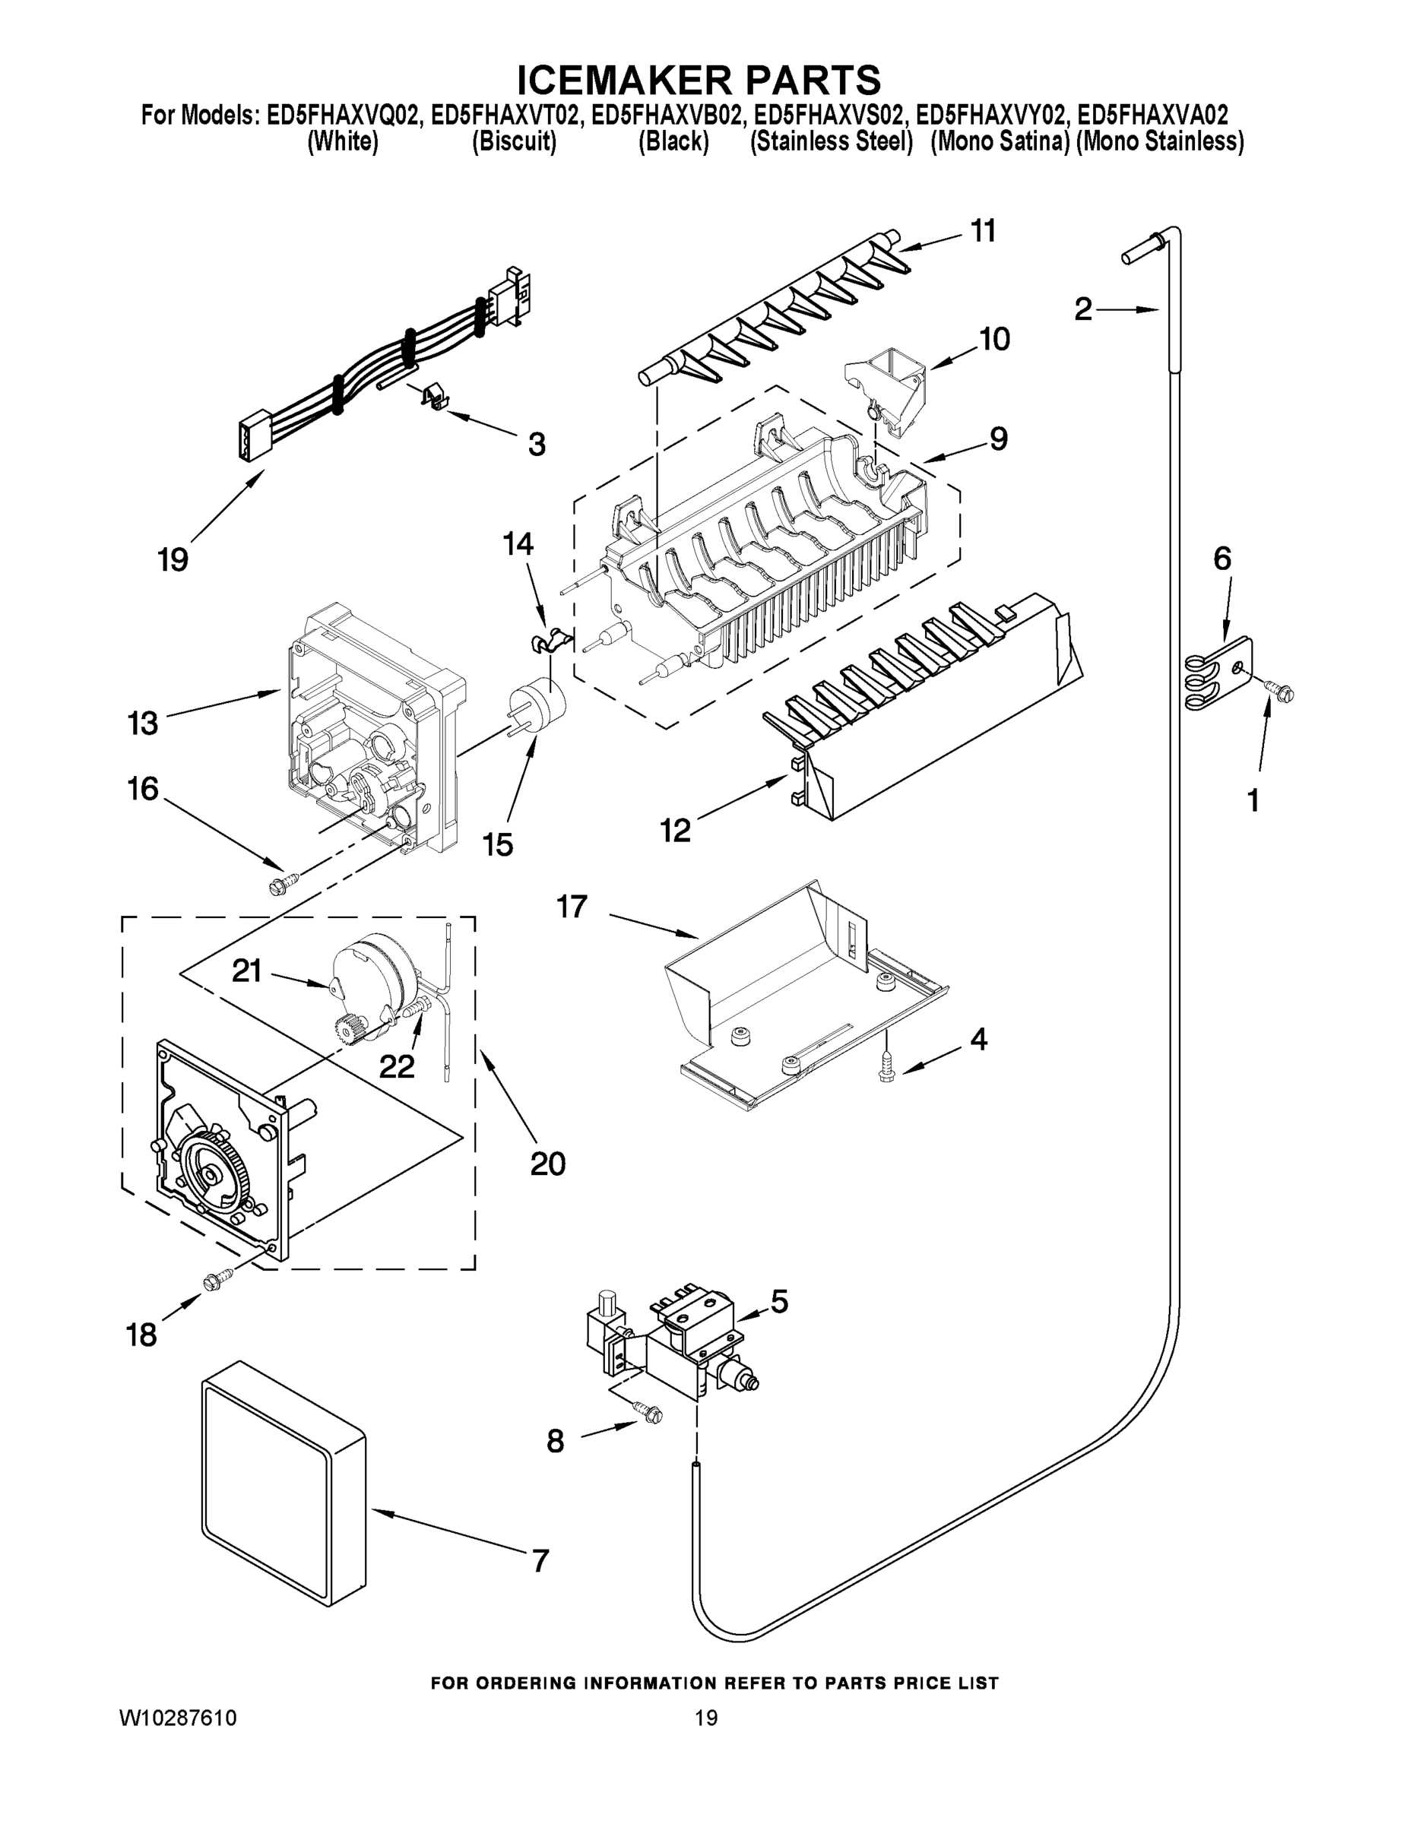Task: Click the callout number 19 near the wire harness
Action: coord(173,559)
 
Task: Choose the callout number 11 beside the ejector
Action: coord(983,231)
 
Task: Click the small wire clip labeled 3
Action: coord(431,397)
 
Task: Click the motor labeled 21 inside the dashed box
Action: coord(372,973)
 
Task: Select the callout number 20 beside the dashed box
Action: coord(547,1164)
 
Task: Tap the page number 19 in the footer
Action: coord(706,1718)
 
